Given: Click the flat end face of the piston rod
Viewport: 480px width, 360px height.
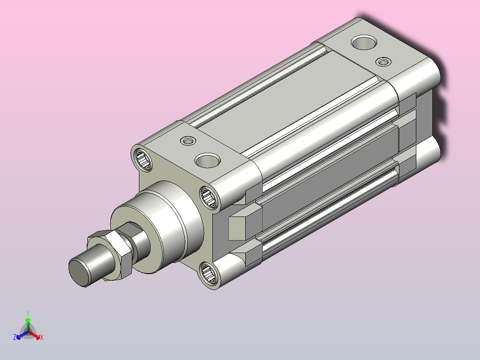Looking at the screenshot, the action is [x=79, y=273].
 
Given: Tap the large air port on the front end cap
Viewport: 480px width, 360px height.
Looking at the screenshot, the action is [x=207, y=160].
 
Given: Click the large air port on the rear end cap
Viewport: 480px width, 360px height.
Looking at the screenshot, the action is [x=364, y=42].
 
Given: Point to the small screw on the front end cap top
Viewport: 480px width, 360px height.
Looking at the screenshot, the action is [x=188, y=141].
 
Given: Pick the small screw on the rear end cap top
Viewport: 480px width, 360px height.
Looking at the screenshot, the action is [x=383, y=61].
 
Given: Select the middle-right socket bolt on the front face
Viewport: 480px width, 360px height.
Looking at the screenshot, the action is [x=209, y=198].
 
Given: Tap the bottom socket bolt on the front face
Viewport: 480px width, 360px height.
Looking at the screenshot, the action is [x=209, y=272].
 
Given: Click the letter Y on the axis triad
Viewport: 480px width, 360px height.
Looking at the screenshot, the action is [x=28, y=314].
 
